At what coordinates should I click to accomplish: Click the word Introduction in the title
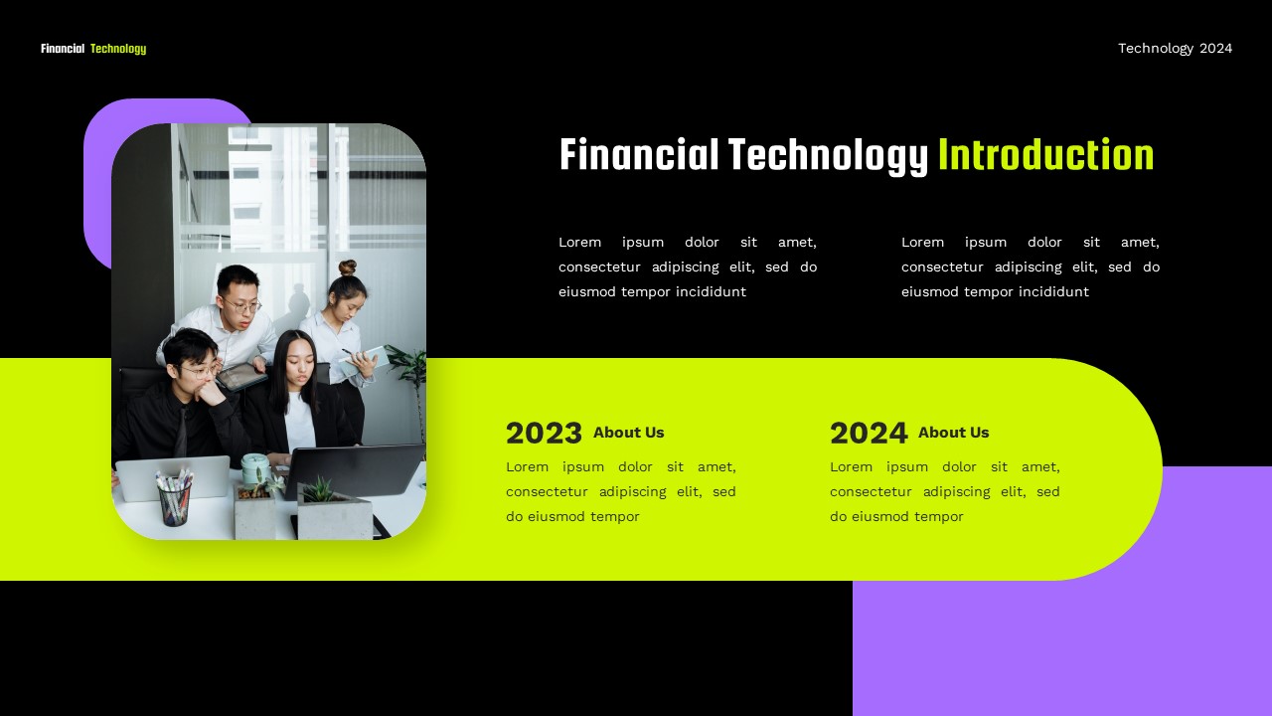(x=1045, y=156)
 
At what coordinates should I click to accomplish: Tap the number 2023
(x=544, y=434)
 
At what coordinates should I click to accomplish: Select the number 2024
(x=869, y=434)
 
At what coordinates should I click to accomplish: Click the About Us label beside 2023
(x=628, y=433)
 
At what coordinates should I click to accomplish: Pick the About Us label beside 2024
(x=953, y=433)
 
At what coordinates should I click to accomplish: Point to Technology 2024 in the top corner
(x=1175, y=48)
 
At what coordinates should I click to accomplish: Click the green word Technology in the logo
(x=118, y=49)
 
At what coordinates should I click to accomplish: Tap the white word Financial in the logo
(x=63, y=49)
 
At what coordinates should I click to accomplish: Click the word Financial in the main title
(x=639, y=156)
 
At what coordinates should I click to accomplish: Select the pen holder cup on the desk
(x=174, y=498)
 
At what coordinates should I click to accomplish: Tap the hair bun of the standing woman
(x=347, y=268)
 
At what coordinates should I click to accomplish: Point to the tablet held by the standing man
(x=241, y=377)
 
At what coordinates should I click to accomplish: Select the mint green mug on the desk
(x=254, y=468)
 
